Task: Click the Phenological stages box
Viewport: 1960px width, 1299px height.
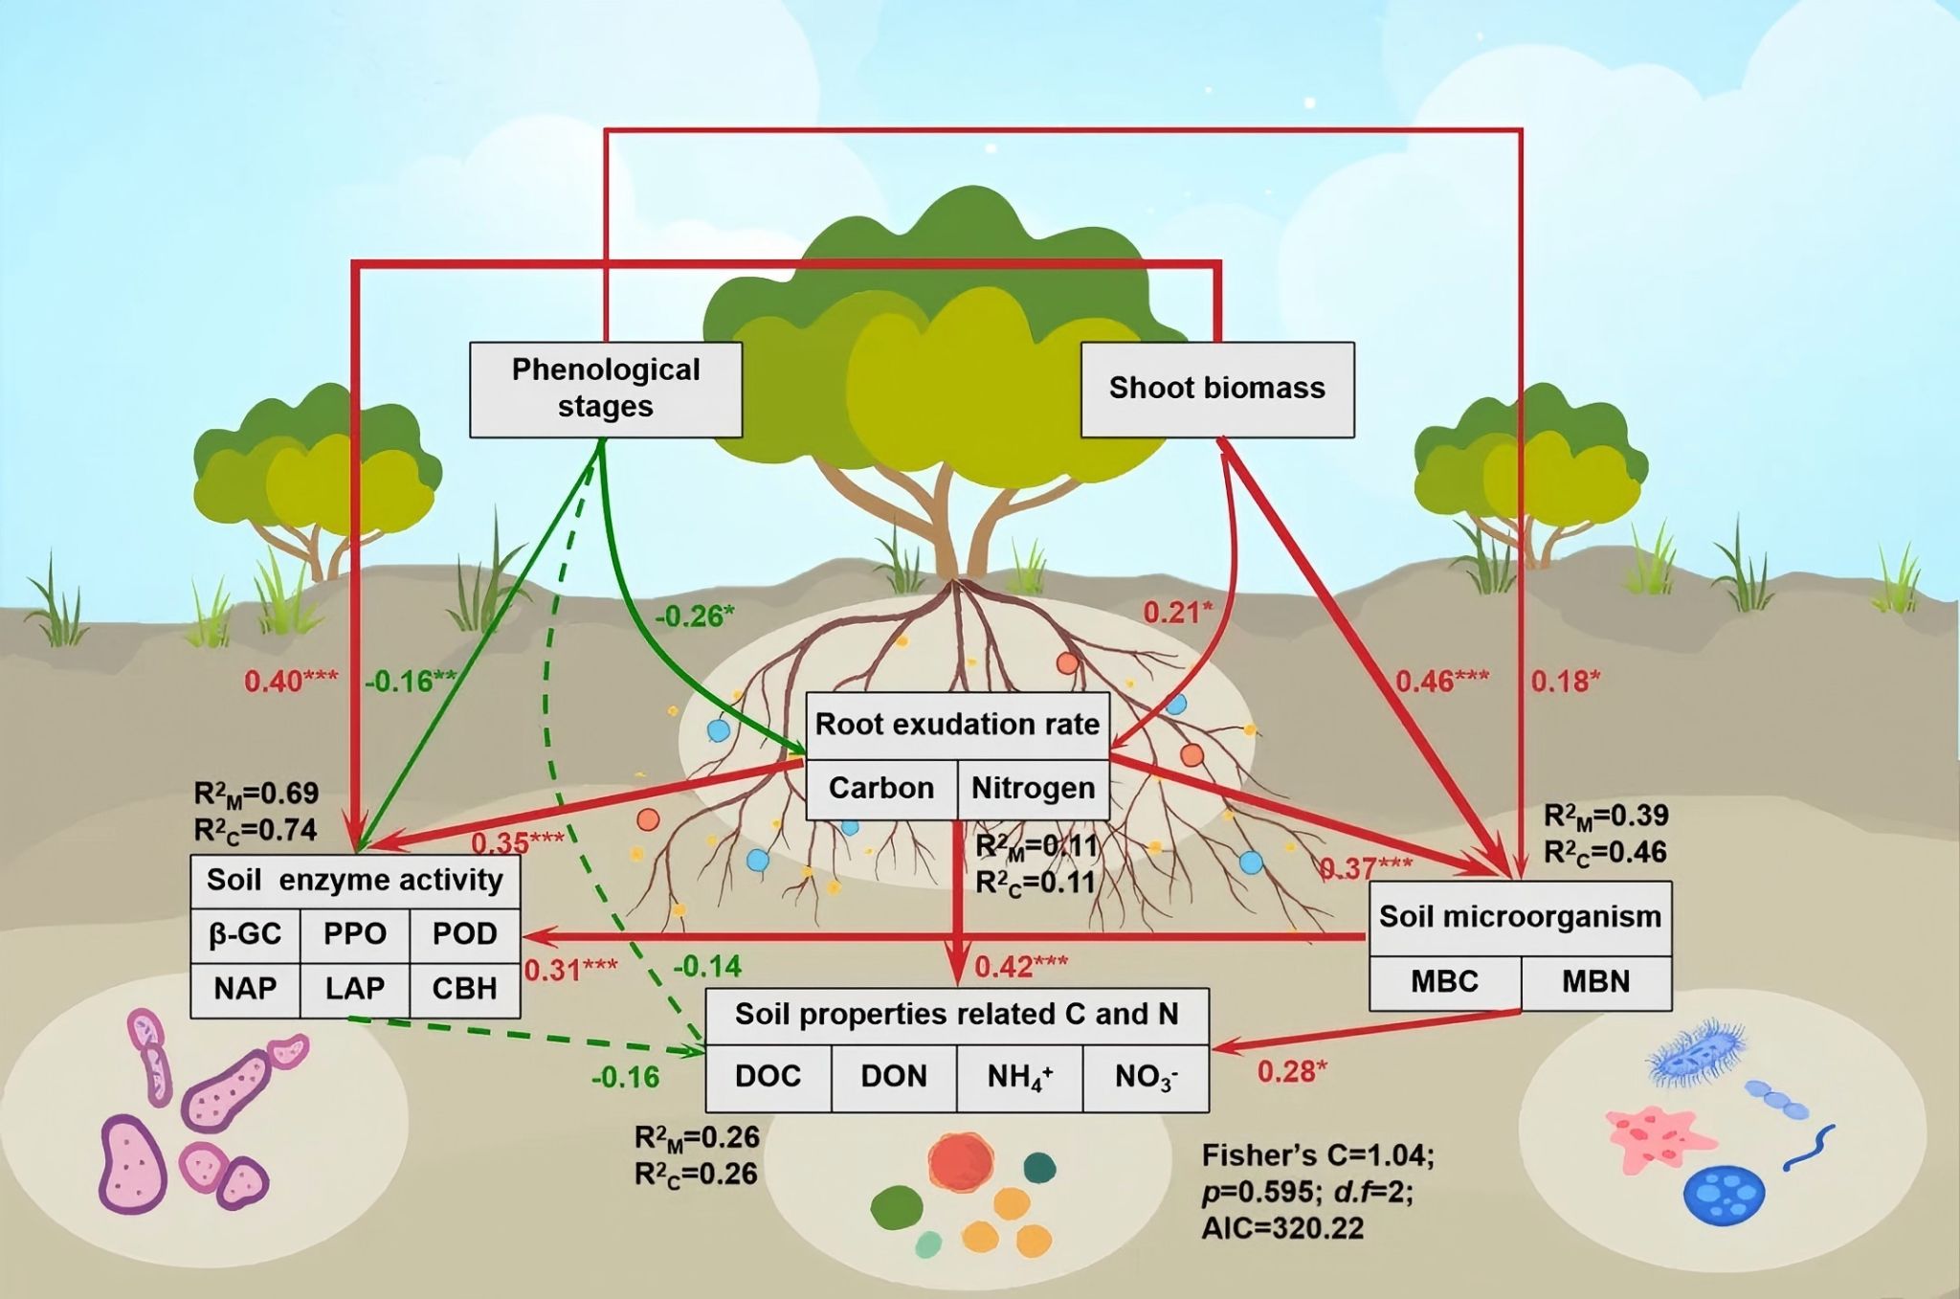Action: tap(606, 389)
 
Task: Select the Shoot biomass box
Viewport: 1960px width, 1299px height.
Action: tap(1216, 389)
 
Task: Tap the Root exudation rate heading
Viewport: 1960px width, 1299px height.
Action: tap(957, 725)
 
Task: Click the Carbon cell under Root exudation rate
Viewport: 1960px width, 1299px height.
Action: tap(881, 789)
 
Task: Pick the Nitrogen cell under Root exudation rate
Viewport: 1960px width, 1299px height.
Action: tap(1033, 789)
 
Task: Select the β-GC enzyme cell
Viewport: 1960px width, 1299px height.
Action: tap(245, 934)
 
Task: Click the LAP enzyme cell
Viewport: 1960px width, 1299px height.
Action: tap(354, 989)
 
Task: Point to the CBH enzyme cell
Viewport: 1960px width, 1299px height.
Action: tap(464, 989)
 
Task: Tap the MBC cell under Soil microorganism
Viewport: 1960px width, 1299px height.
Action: tap(1444, 982)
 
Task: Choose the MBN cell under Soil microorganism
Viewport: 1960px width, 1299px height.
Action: tap(1595, 982)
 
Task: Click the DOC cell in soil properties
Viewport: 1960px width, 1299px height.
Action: tap(768, 1077)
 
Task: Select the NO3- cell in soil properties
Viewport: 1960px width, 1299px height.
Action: tap(1146, 1077)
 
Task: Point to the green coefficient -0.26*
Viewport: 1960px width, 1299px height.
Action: tap(695, 616)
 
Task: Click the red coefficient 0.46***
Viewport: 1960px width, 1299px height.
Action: tap(1441, 682)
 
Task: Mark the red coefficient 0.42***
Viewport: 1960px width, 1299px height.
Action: tap(1020, 967)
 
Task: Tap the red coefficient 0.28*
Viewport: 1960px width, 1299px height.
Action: tap(1292, 1072)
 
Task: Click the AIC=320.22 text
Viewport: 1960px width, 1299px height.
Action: tap(1282, 1228)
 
